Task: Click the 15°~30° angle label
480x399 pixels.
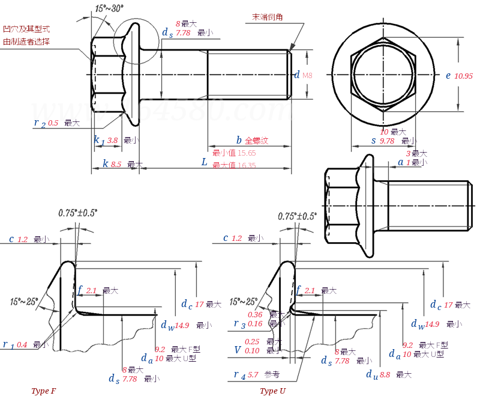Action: point(109,8)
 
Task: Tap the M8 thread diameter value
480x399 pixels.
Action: point(307,76)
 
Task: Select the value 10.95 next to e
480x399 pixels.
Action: point(464,76)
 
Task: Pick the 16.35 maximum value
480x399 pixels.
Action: point(247,165)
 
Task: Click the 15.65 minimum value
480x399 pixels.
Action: point(247,153)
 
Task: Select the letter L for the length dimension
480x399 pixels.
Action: point(204,163)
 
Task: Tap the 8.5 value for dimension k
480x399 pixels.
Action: point(116,164)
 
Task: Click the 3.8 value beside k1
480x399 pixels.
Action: point(112,140)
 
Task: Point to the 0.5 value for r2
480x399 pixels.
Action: point(53,123)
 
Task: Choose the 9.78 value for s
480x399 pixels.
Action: point(387,141)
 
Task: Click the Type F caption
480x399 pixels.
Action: point(44,391)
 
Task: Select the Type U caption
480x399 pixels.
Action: point(273,391)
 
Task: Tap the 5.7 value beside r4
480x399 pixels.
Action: point(254,374)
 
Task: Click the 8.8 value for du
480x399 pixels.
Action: point(385,374)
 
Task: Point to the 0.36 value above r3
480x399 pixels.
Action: point(255,314)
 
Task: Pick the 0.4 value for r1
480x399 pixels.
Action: point(22,345)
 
